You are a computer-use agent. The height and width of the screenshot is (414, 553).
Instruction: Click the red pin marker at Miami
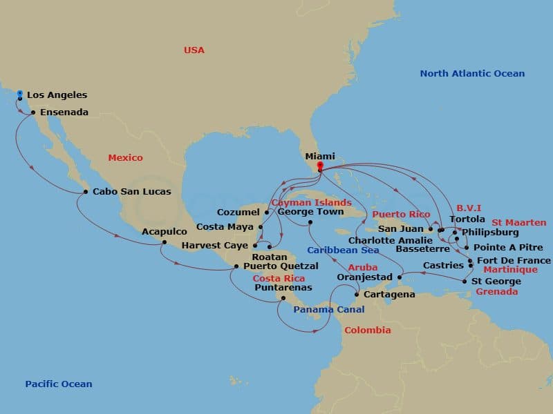[319, 165]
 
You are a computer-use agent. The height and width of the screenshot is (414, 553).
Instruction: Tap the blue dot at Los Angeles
[20, 93]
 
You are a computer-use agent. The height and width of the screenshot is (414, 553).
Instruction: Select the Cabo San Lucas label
[131, 191]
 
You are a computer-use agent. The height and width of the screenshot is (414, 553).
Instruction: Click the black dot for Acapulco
[165, 241]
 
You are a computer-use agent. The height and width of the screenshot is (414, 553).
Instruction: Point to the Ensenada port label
[64, 112]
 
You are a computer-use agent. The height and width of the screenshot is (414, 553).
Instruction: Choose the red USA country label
[194, 50]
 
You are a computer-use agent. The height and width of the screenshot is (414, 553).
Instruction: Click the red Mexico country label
[125, 158]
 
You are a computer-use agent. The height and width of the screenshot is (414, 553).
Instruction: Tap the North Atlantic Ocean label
[472, 74]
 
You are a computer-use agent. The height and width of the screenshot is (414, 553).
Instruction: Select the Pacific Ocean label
[58, 384]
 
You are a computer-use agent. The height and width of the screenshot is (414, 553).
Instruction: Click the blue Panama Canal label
[328, 310]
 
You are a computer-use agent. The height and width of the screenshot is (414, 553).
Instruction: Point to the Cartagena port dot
[357, 295]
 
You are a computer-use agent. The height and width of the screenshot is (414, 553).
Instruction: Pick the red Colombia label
[368, 331]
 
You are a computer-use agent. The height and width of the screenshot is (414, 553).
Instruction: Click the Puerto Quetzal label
[281, 266]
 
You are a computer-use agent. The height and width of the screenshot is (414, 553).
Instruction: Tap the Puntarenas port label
[283, 287]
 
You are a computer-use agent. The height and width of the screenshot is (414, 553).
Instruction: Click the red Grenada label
[496, 292]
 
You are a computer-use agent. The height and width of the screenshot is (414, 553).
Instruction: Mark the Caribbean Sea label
[343, 250]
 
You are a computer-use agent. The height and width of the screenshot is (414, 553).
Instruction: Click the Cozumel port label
[238, 212]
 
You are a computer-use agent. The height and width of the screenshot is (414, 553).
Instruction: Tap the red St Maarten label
[518, 223]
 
